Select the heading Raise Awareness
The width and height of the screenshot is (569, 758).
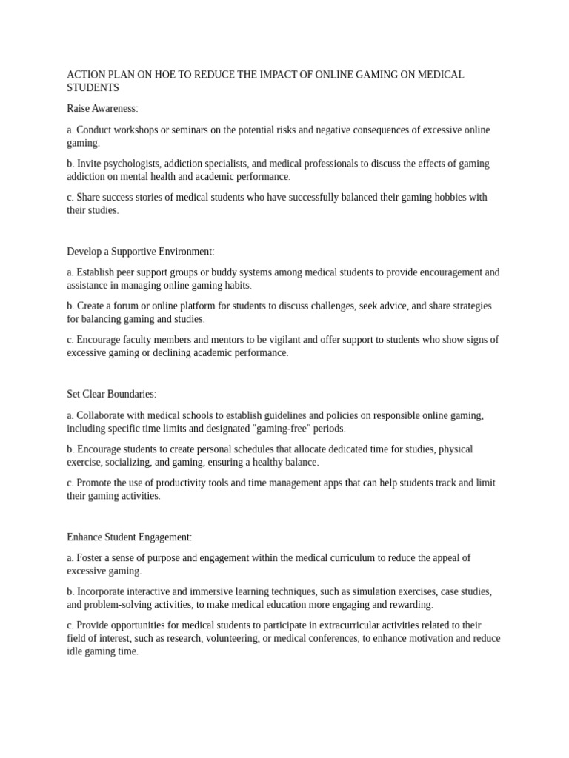coord(102,109)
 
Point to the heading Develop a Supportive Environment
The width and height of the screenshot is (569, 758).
coord(140,252)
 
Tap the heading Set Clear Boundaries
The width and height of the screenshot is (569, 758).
coord(111,395)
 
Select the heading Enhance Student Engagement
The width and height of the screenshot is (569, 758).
coord(129,537)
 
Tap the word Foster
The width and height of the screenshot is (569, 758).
coord(91,558)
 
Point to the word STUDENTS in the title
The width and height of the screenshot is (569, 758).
coord(93,88)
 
